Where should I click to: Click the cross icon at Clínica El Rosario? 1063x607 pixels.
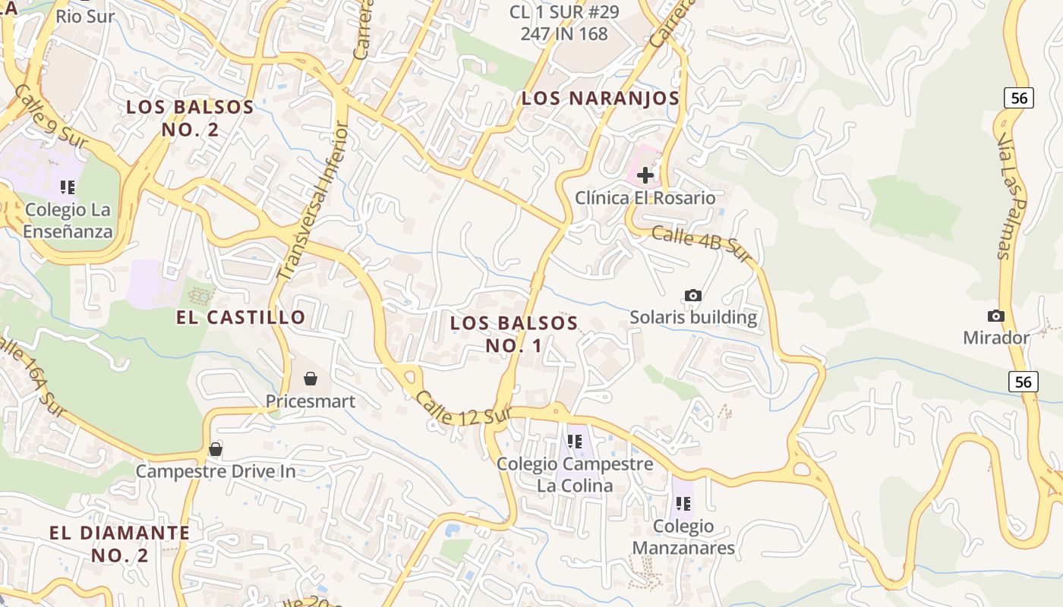click(645, 176)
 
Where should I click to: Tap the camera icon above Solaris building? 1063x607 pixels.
click(692, 295)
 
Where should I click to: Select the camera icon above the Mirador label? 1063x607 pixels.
click(995, 316)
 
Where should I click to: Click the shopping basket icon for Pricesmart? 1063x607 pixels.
click(311, 378)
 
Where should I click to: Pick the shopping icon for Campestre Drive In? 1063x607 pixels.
click(216, 449)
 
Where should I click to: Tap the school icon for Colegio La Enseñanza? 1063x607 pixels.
click(68, 187)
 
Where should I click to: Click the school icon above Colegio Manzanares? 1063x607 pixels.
click(683, 503)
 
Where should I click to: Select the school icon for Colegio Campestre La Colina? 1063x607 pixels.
click(575, 441)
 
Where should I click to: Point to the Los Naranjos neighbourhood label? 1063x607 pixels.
click(601, 98)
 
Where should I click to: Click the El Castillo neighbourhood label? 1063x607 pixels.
click(241, 317)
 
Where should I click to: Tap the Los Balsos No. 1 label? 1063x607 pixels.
click(514, 334)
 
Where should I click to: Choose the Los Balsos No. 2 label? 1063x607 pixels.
click(190, 118)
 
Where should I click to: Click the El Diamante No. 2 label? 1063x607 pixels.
click(120, 543)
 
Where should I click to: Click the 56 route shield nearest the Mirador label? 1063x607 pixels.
click(1024, 381)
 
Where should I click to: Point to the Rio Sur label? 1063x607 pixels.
click(85, 15)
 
